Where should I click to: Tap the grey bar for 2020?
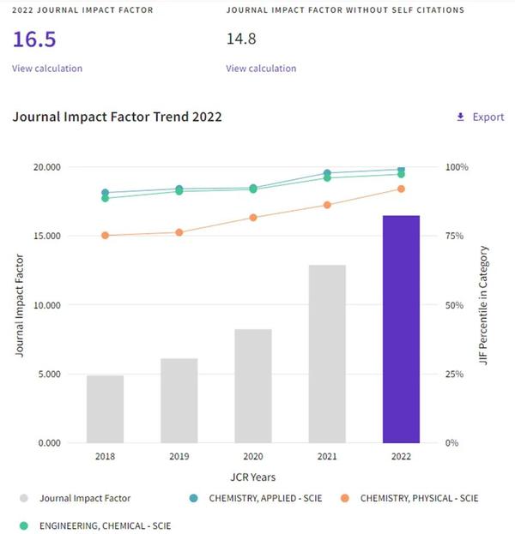(x=253, y=386)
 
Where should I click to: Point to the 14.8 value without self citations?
(x=241, y=39)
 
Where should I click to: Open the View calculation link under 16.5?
(x=47, y=69)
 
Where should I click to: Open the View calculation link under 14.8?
(x=261, y=69)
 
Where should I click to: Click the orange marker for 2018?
(x=106, y=236)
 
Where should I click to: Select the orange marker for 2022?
(x=401, y=189)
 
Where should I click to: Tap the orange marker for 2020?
(x=253, y=218)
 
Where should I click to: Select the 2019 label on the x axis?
(x=179, y=457)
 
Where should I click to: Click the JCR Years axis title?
(x=252, y=477)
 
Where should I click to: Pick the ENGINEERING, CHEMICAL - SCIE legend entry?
(x=94, y=522)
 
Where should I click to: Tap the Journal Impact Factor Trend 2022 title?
(x=117, y=117)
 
